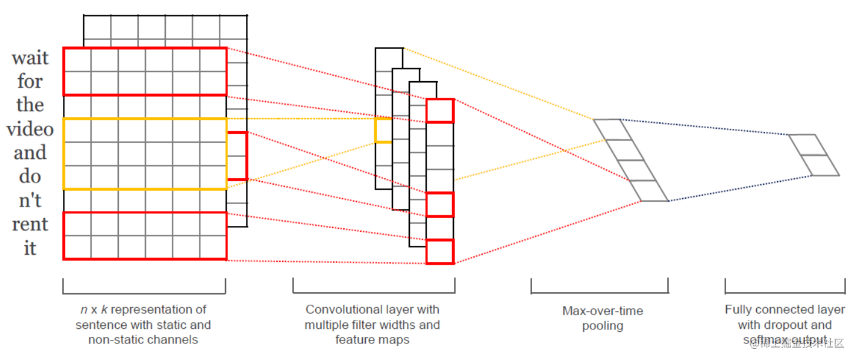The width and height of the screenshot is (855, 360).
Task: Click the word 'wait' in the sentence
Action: pyautogui.click(x=30, y=58)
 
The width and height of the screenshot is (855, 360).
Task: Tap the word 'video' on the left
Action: pyautogui.click(x=30, y=129)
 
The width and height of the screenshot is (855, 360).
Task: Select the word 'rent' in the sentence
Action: pyautogui.click(x=30, y=224)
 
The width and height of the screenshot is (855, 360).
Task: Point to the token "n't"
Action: pyautogui.click(x=30, y=201)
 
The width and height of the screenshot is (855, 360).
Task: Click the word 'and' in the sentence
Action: pyautogui.click(x=30, y=153)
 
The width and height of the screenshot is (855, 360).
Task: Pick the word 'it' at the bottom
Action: pyautogui.click(x=30, y=248)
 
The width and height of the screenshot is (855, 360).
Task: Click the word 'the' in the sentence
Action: pyautogui.click(x=30, y=105)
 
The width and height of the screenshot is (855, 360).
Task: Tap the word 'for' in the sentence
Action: pyautogui.click(x=30, y=81)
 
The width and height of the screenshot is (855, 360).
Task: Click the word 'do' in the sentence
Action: pyautogui.click(x=30, y=176)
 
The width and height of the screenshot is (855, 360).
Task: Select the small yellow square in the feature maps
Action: pyautogui.click(x=383, y=130)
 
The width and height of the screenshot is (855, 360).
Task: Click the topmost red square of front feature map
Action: pyautogui.click(x=440, y=111)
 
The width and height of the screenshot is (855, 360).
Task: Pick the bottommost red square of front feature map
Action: pyautogui.click(x=440, y=252)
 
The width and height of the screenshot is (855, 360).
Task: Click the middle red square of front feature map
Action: pyautogui.click(x=440, y=204)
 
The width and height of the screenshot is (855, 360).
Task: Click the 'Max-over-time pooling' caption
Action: pyautogui.click(x=602, y=318)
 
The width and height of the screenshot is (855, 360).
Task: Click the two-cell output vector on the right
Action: pyautogui.click(x=814, y=155)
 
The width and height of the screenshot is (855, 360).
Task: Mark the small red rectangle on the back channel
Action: pyautogui.click(x=238, y=156)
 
